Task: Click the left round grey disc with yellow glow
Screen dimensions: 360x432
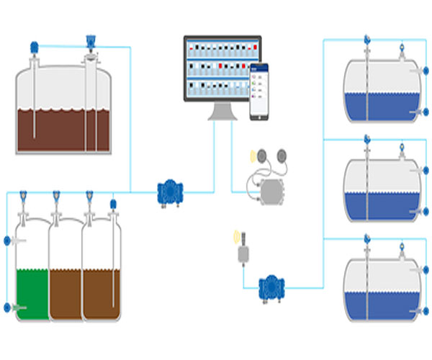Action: point(262,155)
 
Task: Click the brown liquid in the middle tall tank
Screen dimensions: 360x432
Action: point(66,292)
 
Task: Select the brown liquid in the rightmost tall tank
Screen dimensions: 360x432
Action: point(101,292)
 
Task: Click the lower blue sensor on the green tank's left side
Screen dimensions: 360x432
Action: point(7,307)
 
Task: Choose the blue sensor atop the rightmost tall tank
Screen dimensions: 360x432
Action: point(112,204)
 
